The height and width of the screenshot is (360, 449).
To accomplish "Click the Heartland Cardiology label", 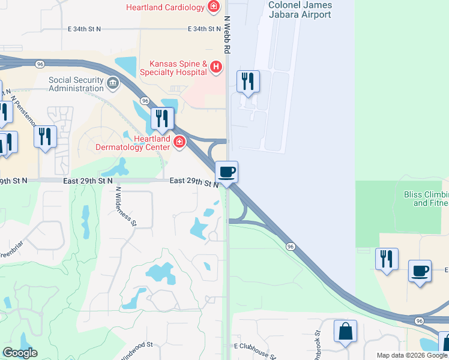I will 164,8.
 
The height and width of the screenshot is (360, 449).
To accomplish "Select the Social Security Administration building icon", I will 112,82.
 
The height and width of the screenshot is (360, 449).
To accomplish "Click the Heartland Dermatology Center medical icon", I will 179,142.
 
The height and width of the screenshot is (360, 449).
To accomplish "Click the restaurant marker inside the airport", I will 248,81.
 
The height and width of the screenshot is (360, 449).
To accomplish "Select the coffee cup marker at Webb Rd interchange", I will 227,172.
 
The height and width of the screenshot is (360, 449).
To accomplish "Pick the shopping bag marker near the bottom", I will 345,332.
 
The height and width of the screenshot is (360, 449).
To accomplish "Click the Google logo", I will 20,353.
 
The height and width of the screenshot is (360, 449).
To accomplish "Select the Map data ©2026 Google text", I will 412,355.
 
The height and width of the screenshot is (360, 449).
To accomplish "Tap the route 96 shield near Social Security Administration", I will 145,101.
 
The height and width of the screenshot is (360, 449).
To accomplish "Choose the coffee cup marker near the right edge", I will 420,271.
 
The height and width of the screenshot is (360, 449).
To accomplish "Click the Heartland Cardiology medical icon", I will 212,7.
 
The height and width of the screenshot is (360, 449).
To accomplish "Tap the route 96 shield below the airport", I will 291,246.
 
